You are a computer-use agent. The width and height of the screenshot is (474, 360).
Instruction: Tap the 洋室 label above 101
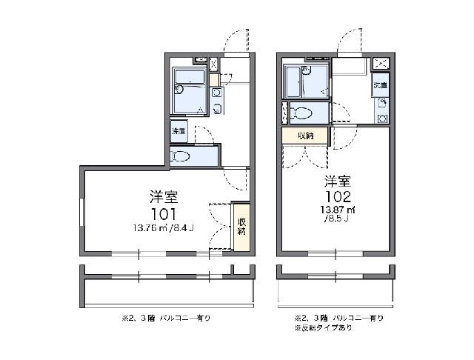point(163,197)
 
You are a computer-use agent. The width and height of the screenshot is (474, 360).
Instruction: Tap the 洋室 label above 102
point(336,181)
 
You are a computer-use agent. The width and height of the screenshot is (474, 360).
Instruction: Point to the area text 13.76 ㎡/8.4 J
point(163,227)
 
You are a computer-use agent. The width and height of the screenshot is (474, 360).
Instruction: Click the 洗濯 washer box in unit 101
point(179,131)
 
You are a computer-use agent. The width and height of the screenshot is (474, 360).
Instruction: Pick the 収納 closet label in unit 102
point(305,136)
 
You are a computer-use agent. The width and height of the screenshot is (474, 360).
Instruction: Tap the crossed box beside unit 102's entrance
point(381,63)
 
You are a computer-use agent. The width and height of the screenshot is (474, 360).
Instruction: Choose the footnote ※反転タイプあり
point(321,327)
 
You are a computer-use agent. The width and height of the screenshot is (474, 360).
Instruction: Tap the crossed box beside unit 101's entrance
point(214,64)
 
